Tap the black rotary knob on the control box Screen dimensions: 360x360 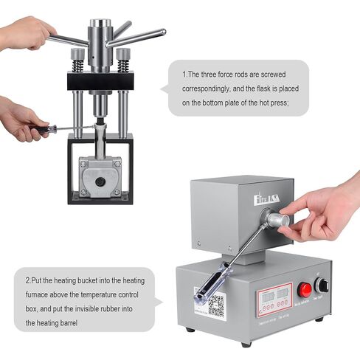pos(322,285)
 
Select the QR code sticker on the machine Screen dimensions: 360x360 pos(215,305)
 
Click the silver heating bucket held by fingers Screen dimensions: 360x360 pos(276,219)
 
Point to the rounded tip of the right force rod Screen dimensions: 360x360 pos(162,32)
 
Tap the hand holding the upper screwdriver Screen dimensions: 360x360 pos(20,121)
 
